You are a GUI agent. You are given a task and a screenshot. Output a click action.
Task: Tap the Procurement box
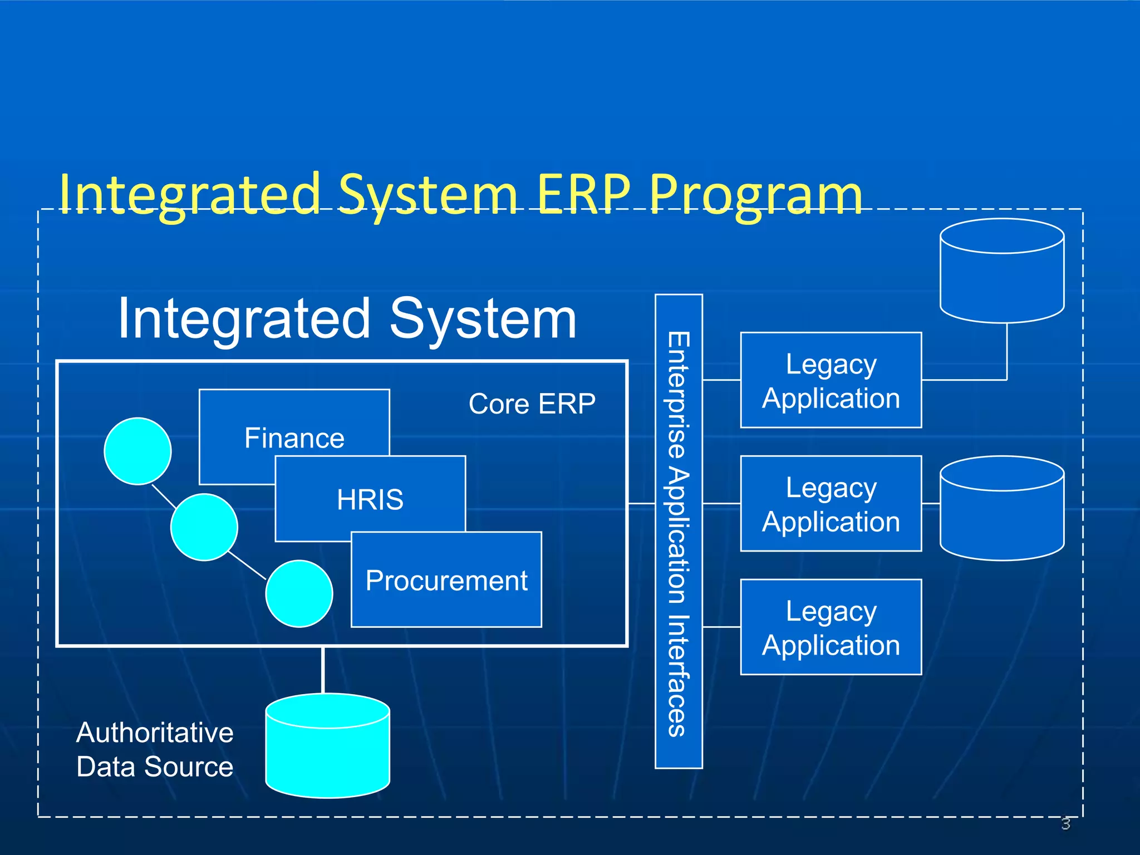pyautogui.click(x=446, y=580)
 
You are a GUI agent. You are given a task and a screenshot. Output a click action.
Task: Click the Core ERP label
pyautogui.click(x=532, y=404)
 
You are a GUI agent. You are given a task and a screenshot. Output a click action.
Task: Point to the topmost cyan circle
pyautogui.click(x=137, y=451)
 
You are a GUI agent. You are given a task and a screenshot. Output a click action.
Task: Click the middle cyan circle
pyautogui.click(x=204, y=527)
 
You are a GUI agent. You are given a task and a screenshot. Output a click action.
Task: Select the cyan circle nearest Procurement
pyautogui.click(x=299, y=593)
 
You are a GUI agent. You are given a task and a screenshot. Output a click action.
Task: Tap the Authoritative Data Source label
pyautogui.click(x=155, y=749)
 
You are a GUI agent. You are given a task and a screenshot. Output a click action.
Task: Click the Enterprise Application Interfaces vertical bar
pyautogui.click(x=679, y=532)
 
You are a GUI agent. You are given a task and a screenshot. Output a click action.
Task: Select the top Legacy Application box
pyautogui.click(x=831, y=380)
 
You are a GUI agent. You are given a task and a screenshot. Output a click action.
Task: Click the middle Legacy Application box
pyautogui.click(x=831, y=504)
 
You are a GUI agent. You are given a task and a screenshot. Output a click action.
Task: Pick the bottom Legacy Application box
pyautogui.click(x=831, y=627)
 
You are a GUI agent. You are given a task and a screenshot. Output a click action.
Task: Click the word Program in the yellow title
pyautogui.click(x=756, y=195)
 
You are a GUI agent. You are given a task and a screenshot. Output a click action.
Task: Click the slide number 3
pyautogui.click(x=1065, y=823)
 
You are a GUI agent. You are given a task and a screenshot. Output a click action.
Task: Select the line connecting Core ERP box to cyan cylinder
pyautogui.click(x=323, y=670)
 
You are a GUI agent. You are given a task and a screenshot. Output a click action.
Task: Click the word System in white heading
pyautogui.click(x=483, y=318)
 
